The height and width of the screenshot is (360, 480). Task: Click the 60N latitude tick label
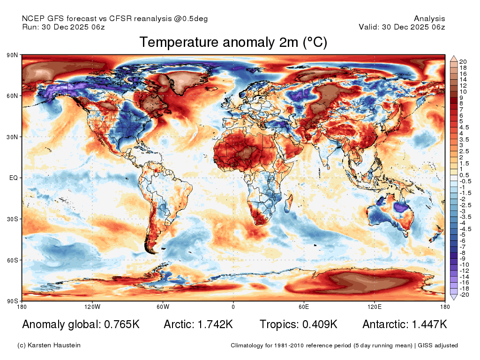[x=12, y=96]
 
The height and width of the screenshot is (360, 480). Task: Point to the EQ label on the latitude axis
[x=14, y=178]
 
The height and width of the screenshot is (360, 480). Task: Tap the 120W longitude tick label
[x=92, y=307]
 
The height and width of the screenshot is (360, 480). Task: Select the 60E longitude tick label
[x=304, y=307]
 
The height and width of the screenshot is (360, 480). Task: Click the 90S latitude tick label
[x=12, y=301]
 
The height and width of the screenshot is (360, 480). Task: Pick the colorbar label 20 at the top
[x=463, y=62]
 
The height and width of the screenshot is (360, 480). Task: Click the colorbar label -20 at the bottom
[x=465, y=295]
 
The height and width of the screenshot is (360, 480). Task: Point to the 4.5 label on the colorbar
[x=464, y=127]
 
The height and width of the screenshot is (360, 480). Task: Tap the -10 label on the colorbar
[x=465, y=265]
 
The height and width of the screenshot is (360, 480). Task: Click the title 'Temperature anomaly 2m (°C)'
[x=233, y=42]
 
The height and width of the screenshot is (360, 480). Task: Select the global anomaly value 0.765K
[x=122, y=324]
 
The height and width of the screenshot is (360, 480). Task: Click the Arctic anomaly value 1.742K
[x=215, y=324]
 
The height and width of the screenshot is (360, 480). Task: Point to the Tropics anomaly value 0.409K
[x=320, y=324]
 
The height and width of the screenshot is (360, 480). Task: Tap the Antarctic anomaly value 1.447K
[x=429, y=324]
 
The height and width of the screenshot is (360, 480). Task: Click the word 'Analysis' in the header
[x=429, y=19]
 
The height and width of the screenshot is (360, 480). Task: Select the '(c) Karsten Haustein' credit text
[x=49, y=345]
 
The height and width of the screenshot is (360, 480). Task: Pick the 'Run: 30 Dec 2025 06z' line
[x=63, y=27]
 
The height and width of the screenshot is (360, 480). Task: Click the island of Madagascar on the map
[x=288, y=204]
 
